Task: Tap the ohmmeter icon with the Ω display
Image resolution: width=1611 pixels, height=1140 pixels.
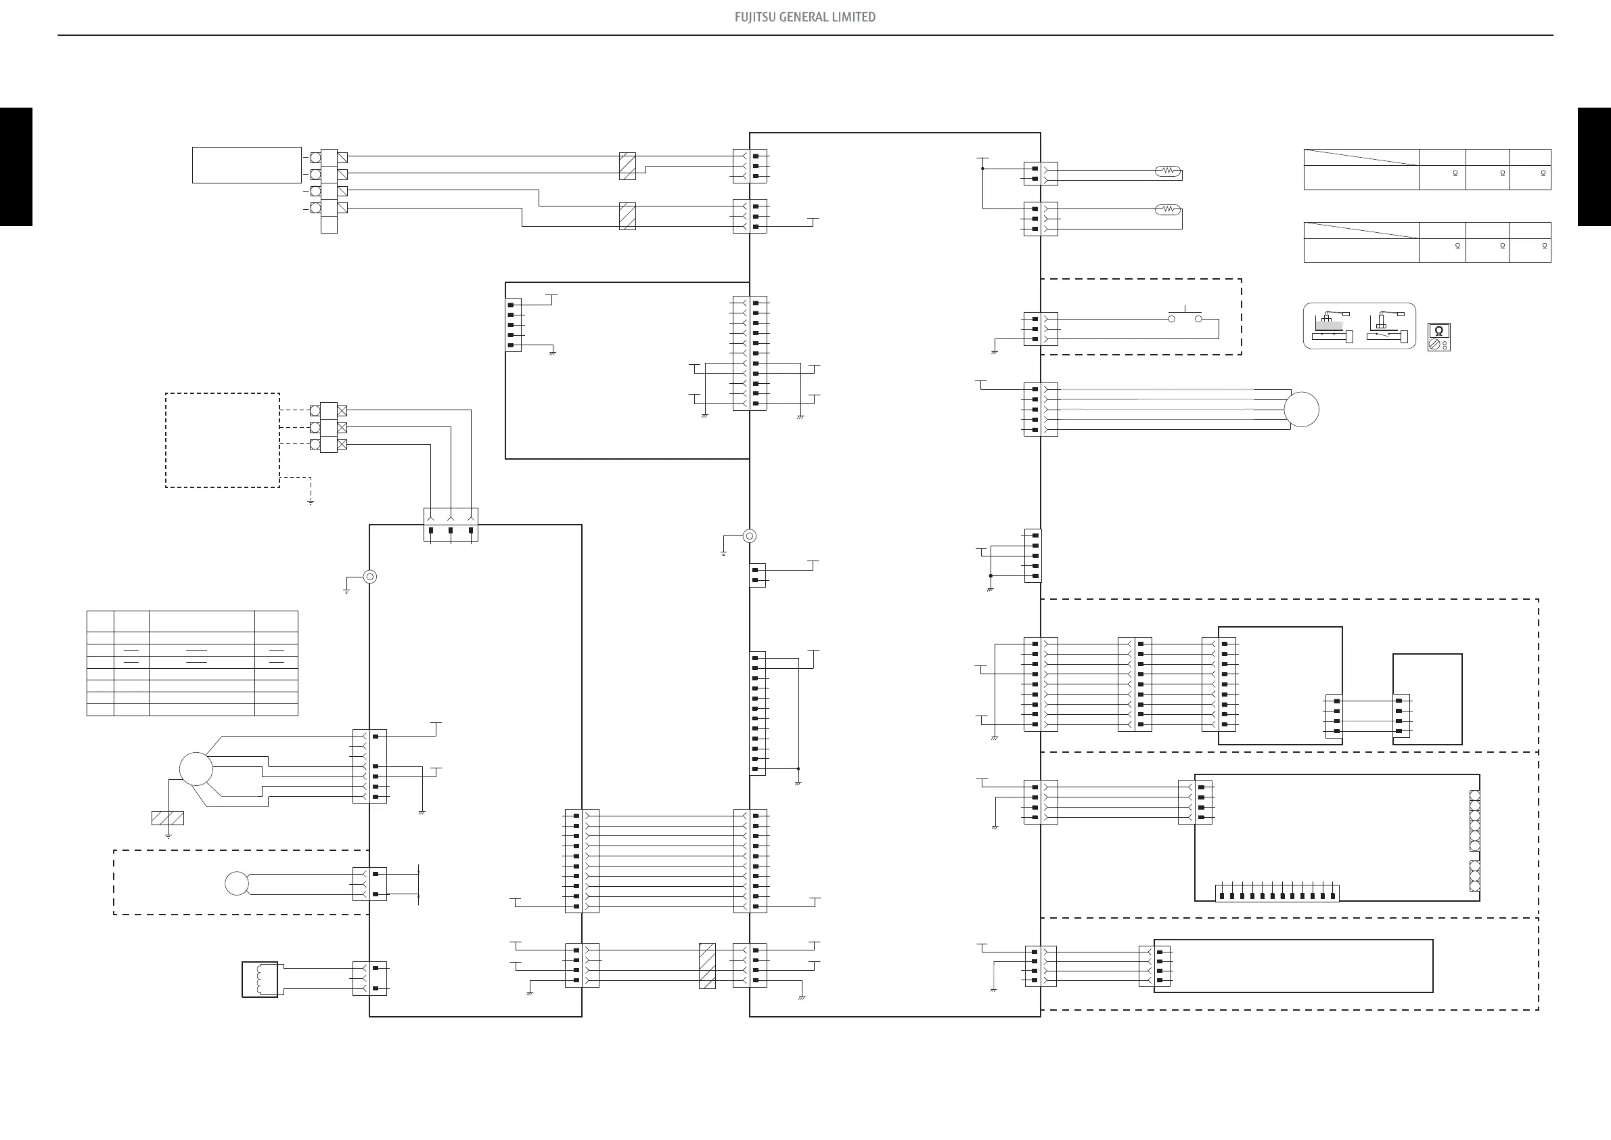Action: pos(1438,337)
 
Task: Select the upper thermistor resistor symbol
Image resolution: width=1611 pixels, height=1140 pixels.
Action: pos(1168,171)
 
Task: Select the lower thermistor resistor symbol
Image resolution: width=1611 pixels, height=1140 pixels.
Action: pos(1168,209)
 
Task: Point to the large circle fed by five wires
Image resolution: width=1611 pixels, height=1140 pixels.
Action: pos(1302,410)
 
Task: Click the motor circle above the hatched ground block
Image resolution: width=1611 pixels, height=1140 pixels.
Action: pos(196,768)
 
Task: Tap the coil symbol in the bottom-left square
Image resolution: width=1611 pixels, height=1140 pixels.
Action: pos(260,980)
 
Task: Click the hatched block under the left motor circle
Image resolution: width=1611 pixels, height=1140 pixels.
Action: pos(168,818)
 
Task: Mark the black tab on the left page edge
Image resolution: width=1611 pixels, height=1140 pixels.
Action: pos(16,167)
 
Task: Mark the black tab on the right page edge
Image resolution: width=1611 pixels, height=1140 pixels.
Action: pos(1594,167)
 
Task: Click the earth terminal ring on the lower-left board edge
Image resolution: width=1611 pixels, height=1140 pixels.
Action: pos(370,577)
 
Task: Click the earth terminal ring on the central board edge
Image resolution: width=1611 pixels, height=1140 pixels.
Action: pos(750,536)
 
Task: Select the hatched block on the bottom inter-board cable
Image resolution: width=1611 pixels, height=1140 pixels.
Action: pos(707,966)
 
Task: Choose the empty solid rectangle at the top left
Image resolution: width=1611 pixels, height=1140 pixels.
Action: pos(247,165)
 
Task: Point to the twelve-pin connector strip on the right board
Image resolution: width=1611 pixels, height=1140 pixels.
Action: pos(1277,894)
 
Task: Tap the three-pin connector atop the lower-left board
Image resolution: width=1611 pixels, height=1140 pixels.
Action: pos(451,525)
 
